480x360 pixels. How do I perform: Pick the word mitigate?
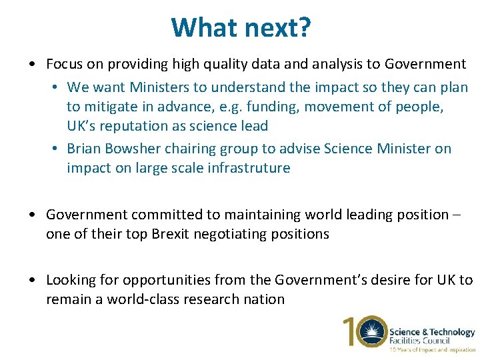tap(112, 107)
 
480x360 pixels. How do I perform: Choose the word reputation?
tap(141, 126)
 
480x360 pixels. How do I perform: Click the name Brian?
tap(84, 149)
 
